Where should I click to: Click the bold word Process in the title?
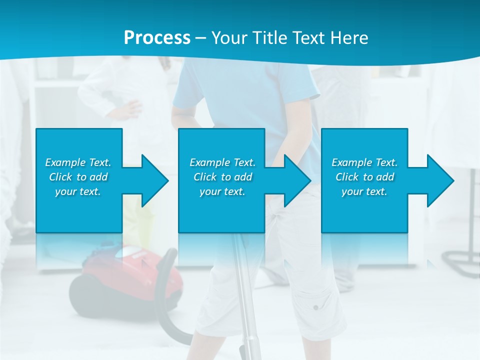(157, 38)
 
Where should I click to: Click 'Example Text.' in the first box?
(78, 162)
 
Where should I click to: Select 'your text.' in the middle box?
(222, 191)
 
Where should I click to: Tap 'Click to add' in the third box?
(364, 177)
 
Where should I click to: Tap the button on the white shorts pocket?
(315, 306)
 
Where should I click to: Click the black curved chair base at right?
(457, 258)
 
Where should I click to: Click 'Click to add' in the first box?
(78, 177)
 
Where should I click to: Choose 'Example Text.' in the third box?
(364, 162)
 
